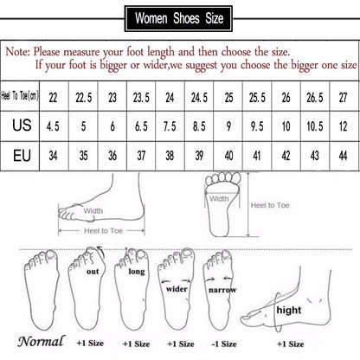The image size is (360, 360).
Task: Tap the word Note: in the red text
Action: click(22, 51)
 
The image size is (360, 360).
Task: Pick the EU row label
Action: click(22, 157)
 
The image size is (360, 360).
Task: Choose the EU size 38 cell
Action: click(170, 157)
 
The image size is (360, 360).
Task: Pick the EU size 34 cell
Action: click(55, 157)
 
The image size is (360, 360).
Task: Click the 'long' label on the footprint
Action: click(137, 273)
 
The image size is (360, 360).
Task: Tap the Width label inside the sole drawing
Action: click(219, 197)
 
